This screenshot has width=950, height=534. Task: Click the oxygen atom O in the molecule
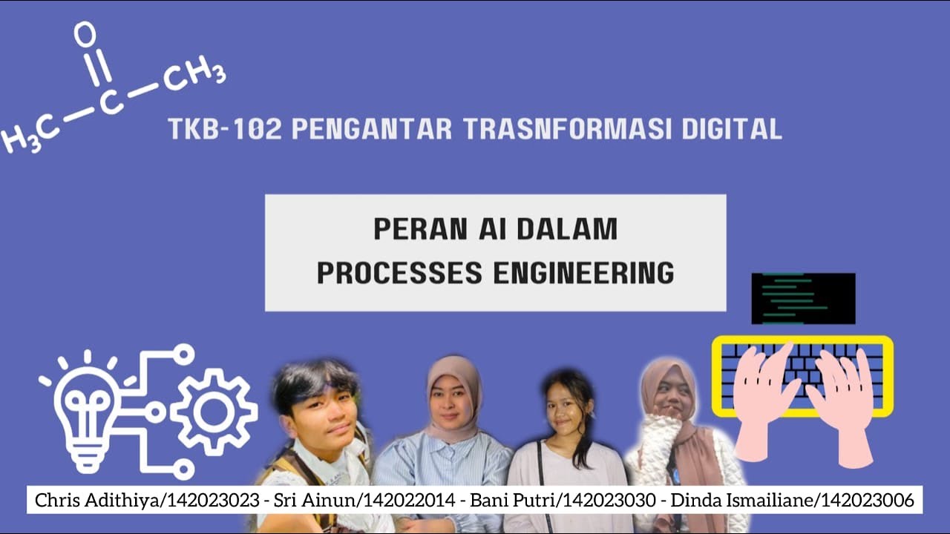(x=85, y=33)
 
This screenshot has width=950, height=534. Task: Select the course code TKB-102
(x=224, y=129)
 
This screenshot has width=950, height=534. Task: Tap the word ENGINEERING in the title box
(x=583, y=273)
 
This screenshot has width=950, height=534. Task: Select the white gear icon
(x=213, y=412)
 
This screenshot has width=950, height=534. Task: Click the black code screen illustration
(x=803, y=298)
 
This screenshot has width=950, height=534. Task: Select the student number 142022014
(x=407, y=501)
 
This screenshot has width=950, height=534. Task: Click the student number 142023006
(x=865, y=501)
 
